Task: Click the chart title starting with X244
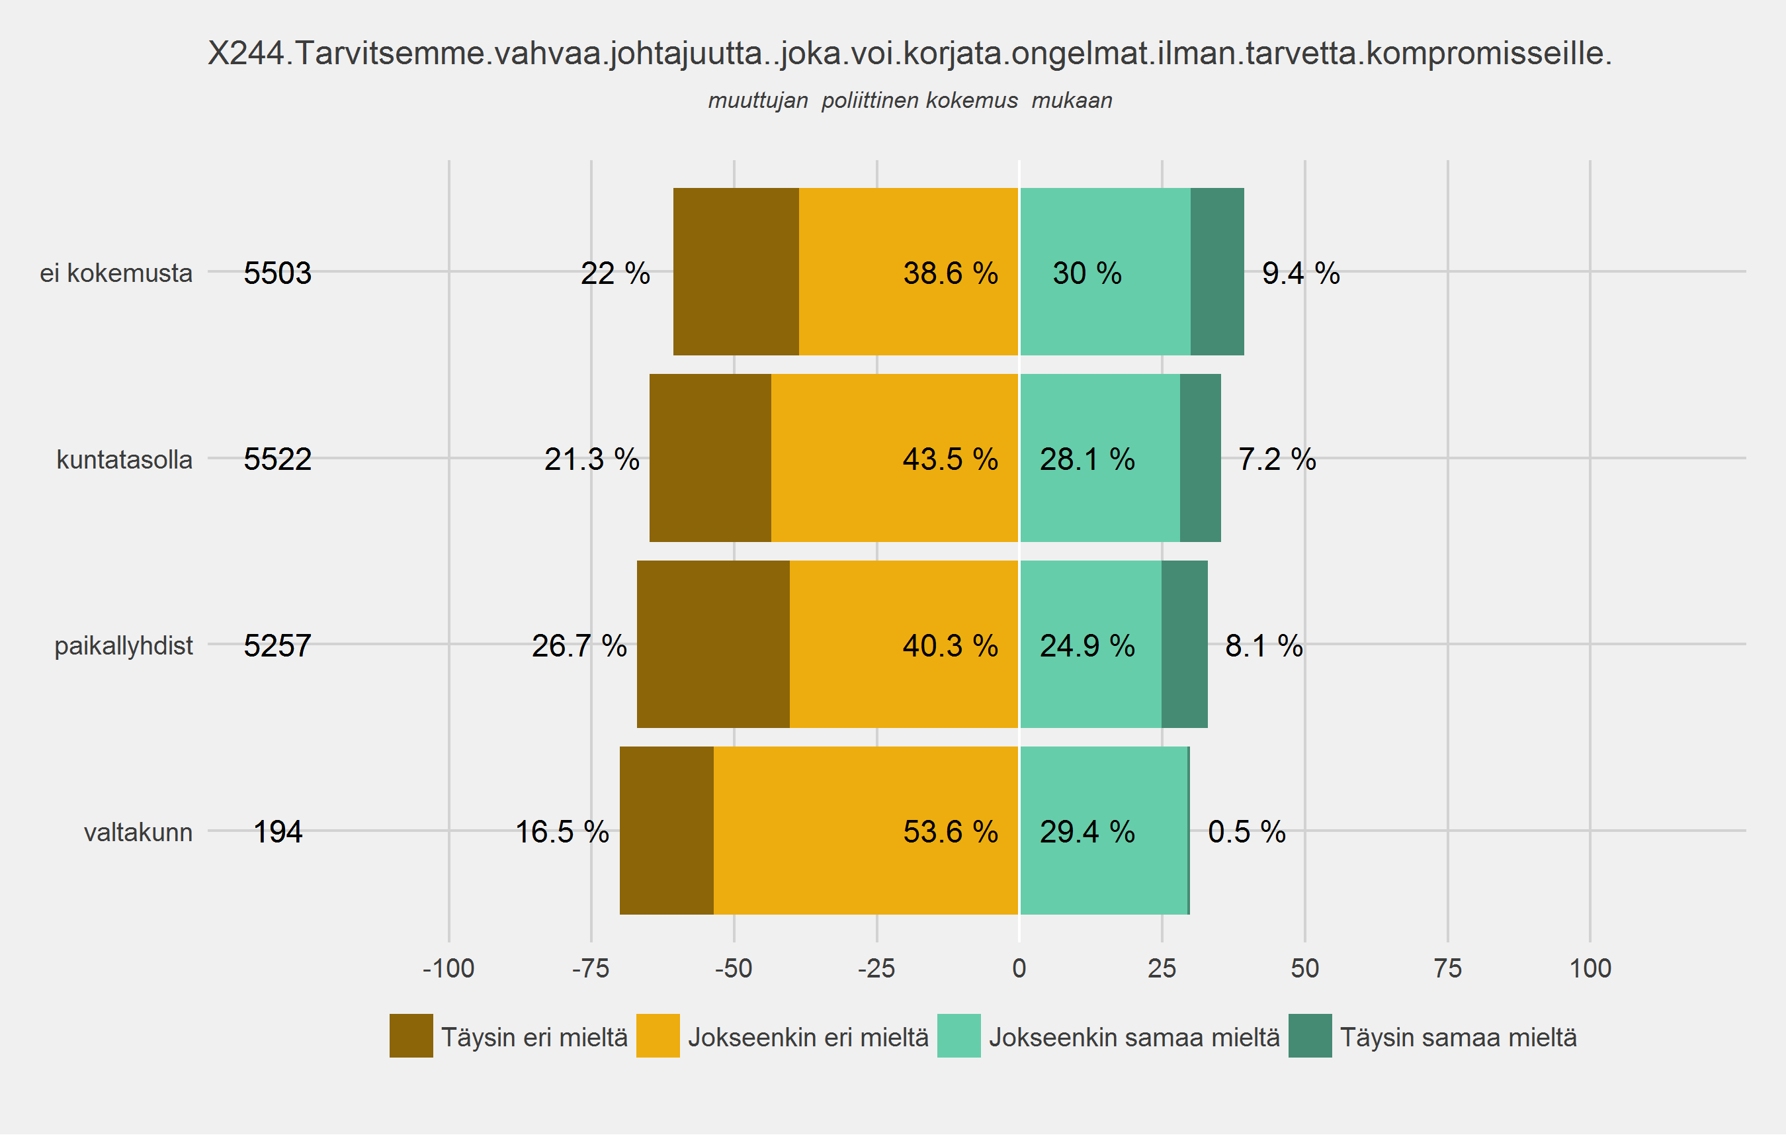tap(910, 54)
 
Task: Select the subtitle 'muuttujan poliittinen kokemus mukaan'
tap(910, 100)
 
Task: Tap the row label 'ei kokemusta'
tap(116, 273)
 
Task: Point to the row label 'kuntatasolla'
tap(124, 459)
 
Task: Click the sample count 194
tap(277, 832)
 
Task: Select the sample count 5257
tap(277, 645)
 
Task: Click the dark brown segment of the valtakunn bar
tap(666, 830)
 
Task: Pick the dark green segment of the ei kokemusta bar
tap(1216, 271)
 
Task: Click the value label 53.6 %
tap(950, 832)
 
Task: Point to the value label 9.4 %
tap(1300, 273)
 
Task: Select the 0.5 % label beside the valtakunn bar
tap(1246, 832)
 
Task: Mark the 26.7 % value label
tap(579, 645)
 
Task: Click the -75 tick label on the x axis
tap(591, 968)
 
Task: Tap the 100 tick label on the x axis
tap(1590, 968)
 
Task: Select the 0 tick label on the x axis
tap(1019, 968)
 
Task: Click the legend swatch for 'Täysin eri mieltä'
tap(411, 1036)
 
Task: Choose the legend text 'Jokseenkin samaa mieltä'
tap(1134, 1037)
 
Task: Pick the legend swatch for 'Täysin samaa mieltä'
tap(1310, 1036)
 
